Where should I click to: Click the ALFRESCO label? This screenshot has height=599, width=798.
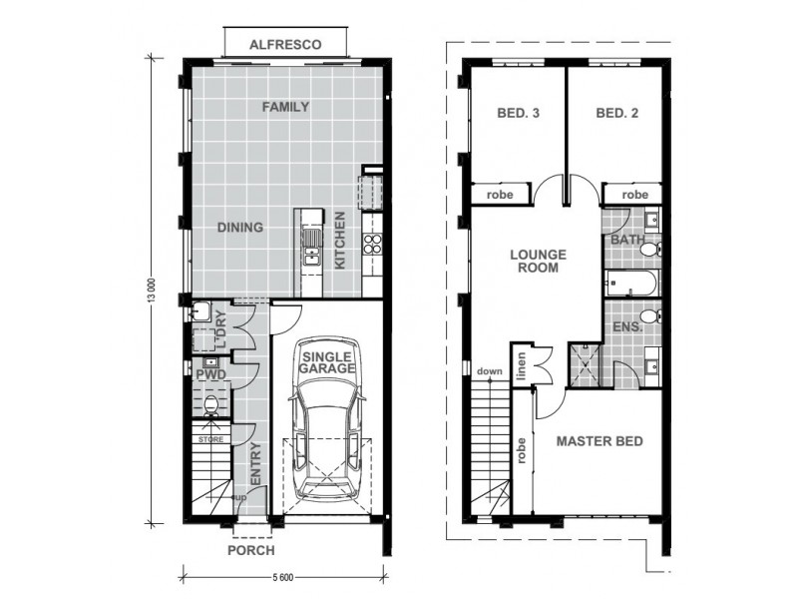tap(285, 45)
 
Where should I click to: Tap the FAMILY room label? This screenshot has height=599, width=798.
tap(285, 107)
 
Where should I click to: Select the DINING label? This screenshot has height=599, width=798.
tap(240, 228)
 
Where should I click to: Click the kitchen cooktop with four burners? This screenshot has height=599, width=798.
tap(372, 244)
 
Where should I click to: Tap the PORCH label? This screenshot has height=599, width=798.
tap(251, 550)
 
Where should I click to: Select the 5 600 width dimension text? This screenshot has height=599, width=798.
tap(283, 577)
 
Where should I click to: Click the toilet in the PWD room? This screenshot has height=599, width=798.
tap(210, 405)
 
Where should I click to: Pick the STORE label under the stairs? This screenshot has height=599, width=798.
tap(210, 439)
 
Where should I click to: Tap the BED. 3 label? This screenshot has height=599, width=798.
tap(518, 113)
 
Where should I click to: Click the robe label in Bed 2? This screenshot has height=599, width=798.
tap(635, 195)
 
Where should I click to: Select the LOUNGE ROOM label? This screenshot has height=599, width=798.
tap(538, 261)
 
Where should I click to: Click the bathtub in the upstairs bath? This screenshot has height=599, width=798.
tap(631, 284)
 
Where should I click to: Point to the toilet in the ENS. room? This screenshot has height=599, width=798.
tap(650, 316)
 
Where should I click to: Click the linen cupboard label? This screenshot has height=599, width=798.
tap(521, 366)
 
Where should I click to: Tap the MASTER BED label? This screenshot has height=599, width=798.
tap(599, 441)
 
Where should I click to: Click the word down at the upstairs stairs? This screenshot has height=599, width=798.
tap(489, 371)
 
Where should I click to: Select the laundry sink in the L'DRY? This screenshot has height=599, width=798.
tap(200, 311)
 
